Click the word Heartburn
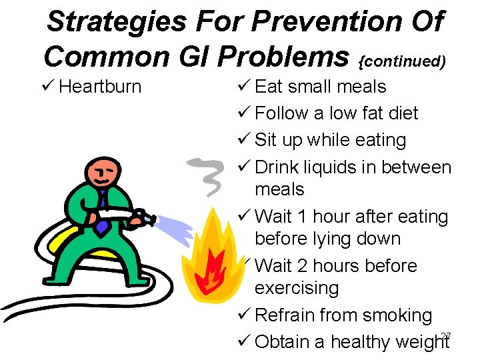point(100,87)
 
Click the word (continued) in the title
point(402,61)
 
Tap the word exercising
point(297,289)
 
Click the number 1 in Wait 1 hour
point(302,217)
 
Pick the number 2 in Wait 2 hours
point(302,266)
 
